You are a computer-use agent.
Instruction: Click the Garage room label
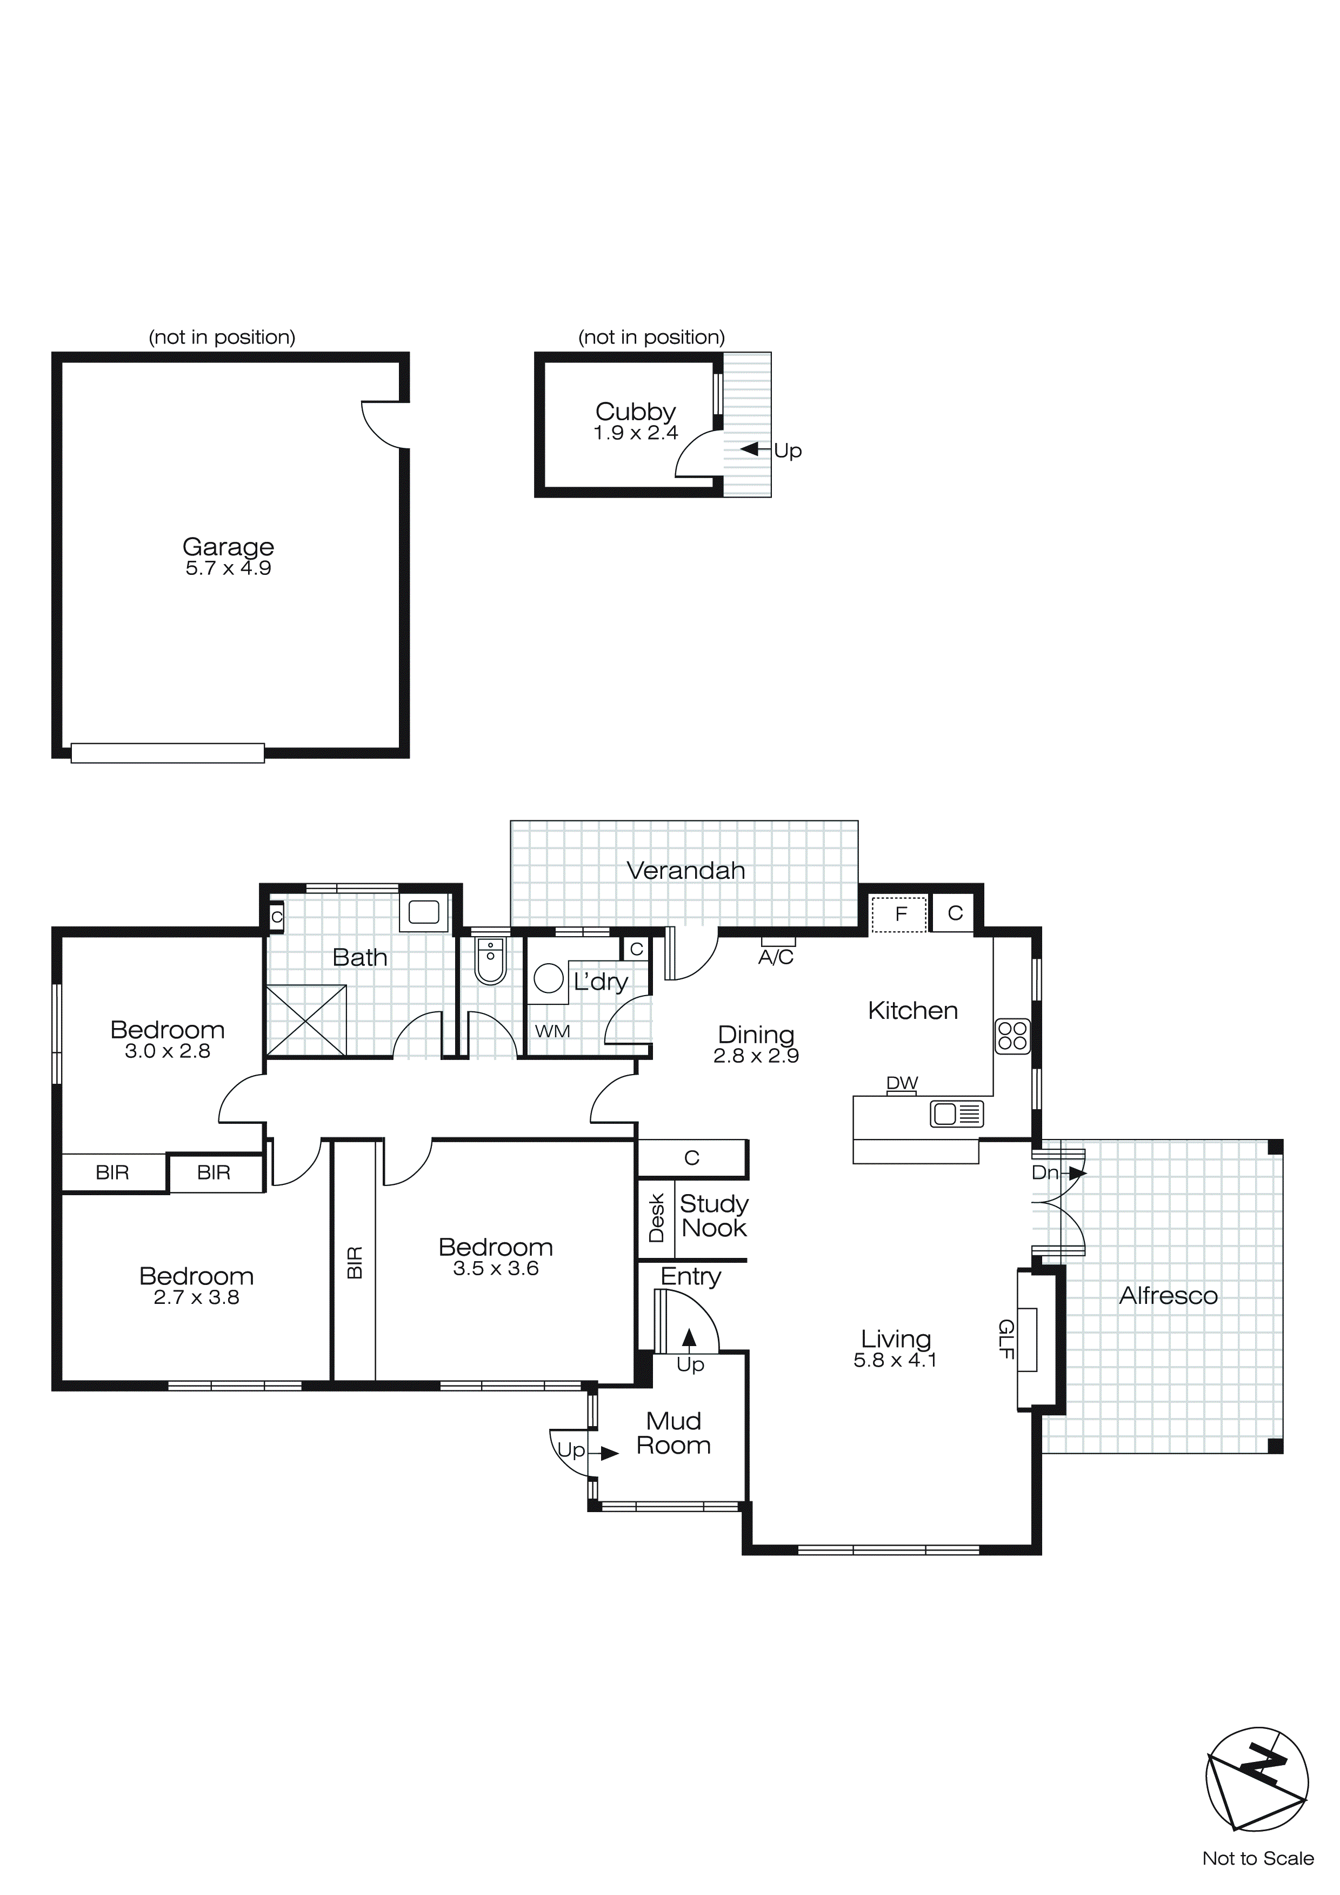click(x=228, y=546)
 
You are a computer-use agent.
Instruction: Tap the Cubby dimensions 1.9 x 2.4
click(x=635, y=433)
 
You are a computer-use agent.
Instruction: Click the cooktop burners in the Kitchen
click(x=1012, y=1036)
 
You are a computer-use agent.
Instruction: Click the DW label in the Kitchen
click(x=902, y=1083)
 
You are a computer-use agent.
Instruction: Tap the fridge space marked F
click(x=900, y=913)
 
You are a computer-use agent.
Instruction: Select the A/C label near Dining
click(x=776, y=957)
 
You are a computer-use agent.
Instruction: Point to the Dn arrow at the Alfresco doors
click(x=1077, y=1172)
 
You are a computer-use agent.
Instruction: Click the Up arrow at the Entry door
click(x=689, y=1338)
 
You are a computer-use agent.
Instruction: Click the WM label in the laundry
click(x=552, y=1031)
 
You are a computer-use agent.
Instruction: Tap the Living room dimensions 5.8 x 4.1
click(x=895, y=1360)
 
